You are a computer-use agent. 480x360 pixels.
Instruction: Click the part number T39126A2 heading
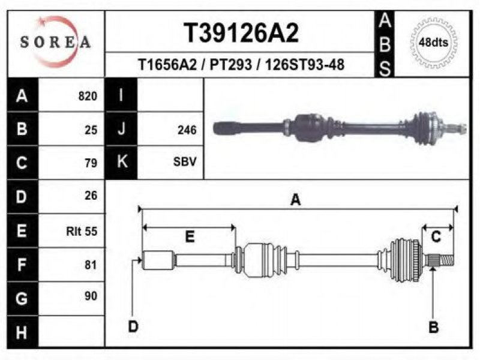point(241,33)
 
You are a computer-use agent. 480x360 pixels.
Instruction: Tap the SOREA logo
point(55,42)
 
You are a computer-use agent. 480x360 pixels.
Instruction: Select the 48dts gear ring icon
point(433,43)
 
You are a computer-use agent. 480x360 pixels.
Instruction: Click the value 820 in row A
point(88,96)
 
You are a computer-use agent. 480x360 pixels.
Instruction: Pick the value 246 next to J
point(187,130)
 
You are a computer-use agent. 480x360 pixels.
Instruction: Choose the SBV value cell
point(185,161)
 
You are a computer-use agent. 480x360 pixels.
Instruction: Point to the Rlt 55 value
point(82,231)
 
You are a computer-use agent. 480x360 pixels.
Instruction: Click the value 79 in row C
point(91,163)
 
